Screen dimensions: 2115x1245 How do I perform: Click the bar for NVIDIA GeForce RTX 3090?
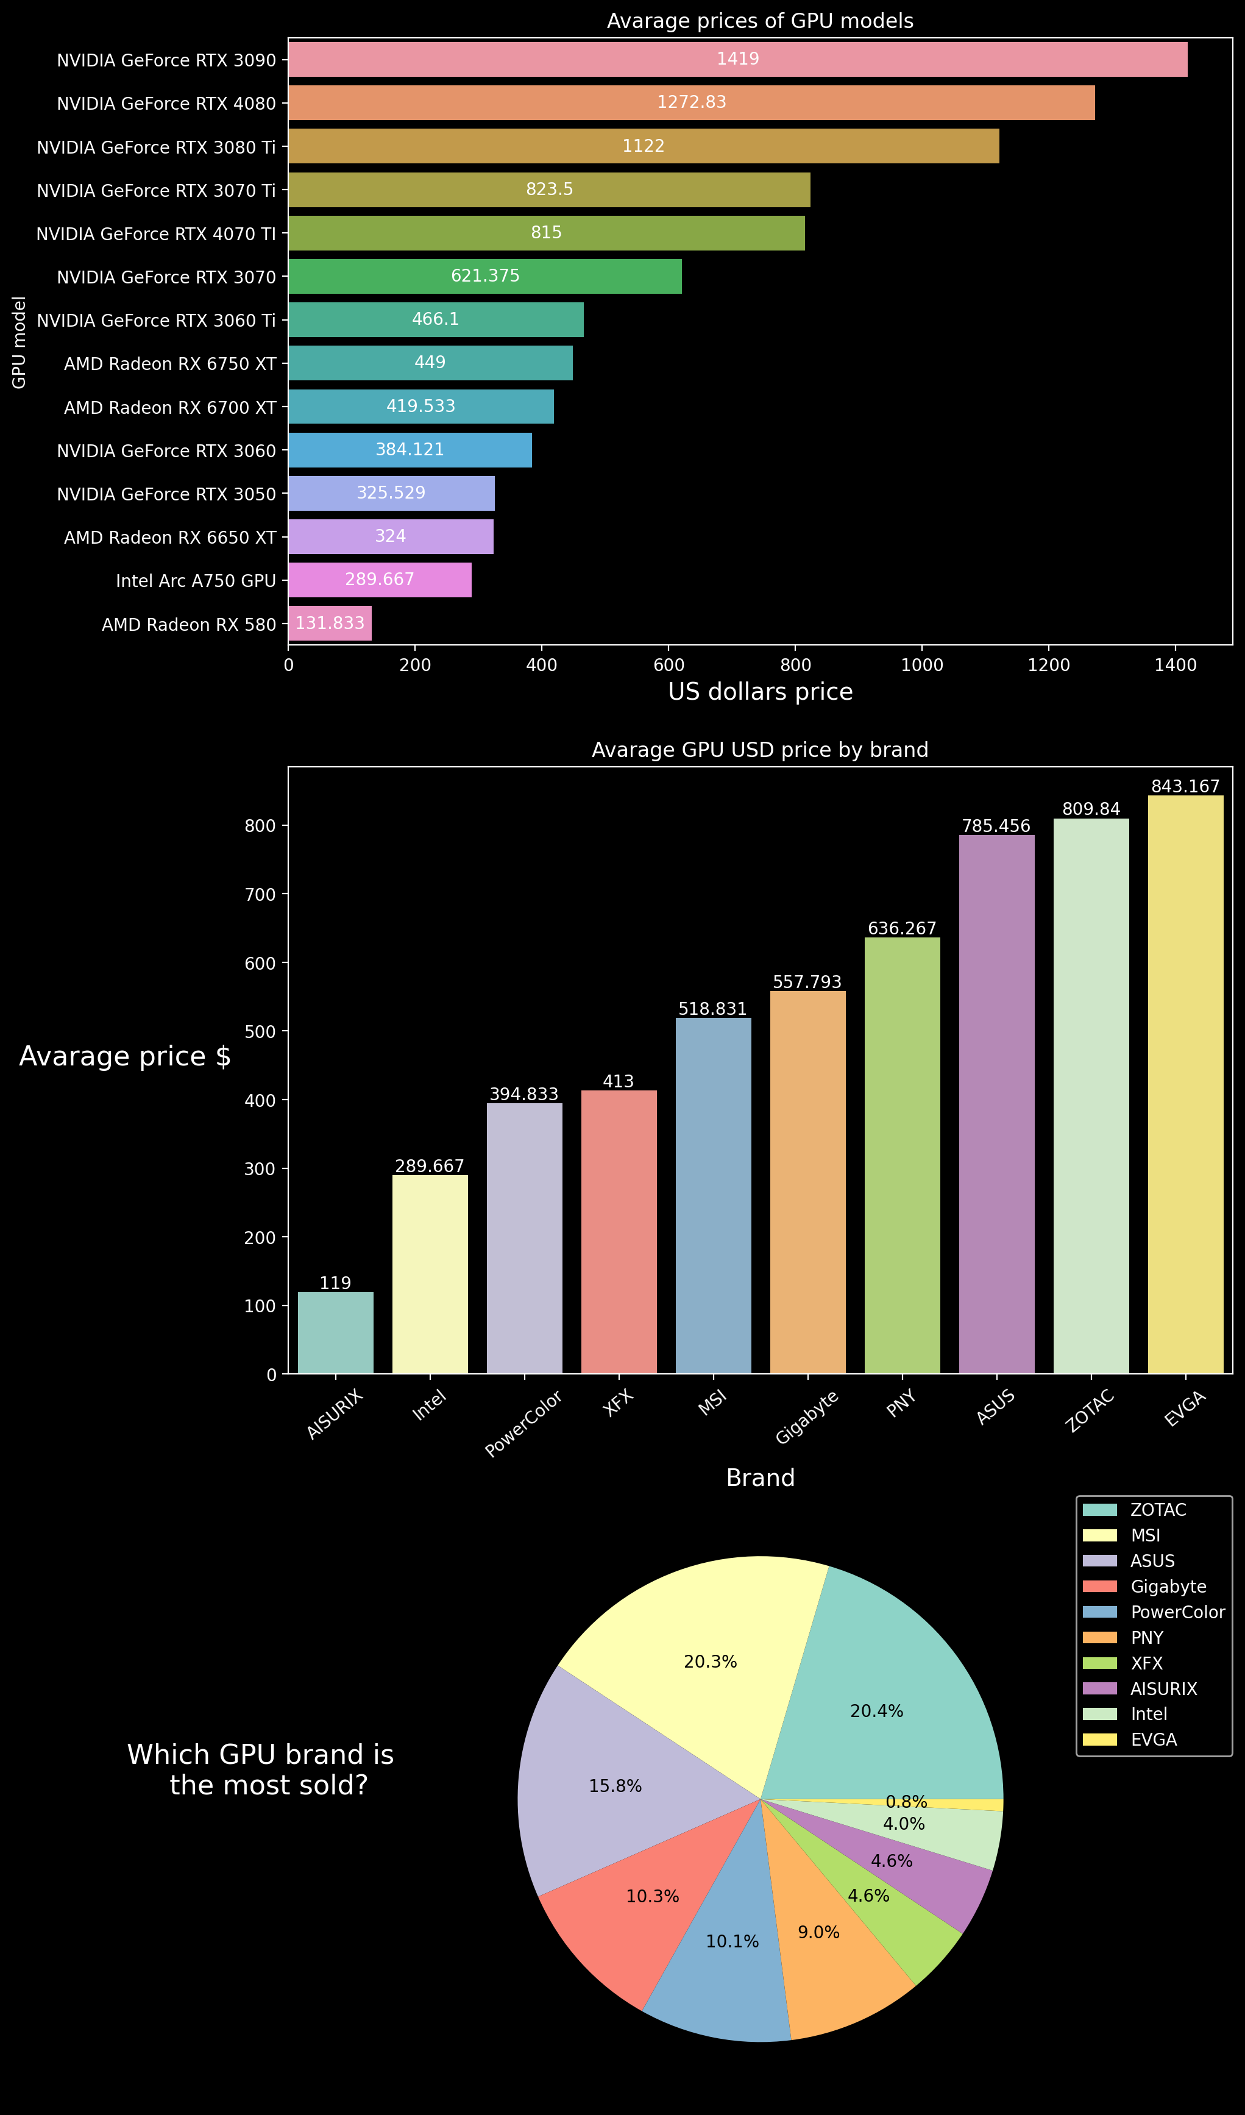pyautogui.click(x=738, y=60)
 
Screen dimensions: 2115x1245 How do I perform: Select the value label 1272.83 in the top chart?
pyautogui.click(x=691, y=102)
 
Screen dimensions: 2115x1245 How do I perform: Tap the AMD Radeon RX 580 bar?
pyautogui.click(x=330, y=624)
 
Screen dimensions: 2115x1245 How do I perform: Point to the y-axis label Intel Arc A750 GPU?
pyautogui.click(x=196, y=581)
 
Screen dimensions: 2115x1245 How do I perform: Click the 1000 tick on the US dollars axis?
pyautogui.click(x=921, y=666)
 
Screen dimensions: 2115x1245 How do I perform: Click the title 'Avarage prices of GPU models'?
pyautogui.click(x=760, y=21)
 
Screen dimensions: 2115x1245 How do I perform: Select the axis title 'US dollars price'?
pyautogui.click(x=760, y=692)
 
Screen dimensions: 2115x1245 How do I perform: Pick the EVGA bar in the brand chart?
pyautogui.click(x=1185, y=1082)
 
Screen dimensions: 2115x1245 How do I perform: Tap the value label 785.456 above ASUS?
pyautogui.click(x=996, y=826)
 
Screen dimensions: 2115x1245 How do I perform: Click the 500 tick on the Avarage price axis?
pyautogui.click(x=260, y=1031)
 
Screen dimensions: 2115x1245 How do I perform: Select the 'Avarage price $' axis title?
pyautogui.click(x=125, y=1056)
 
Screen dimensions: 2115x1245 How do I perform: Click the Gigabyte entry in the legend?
pyautogui.click(x=1168, y=1586)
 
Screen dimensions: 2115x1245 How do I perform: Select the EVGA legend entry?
pyautogui.click(x=1154, y=1740)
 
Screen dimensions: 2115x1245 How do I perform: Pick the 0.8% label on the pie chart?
pyautogui.click(x=906, y=1802)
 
